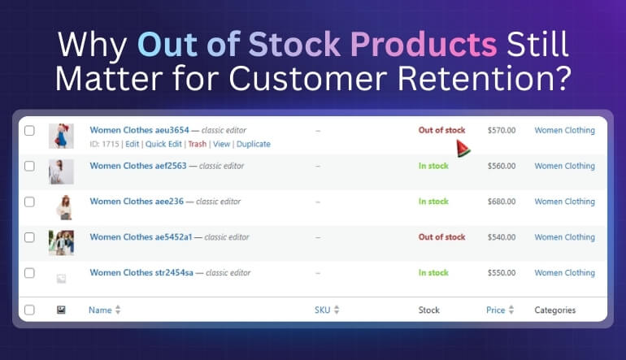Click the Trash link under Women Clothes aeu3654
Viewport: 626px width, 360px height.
coord(197,144)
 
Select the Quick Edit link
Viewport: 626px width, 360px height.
coord(163,144)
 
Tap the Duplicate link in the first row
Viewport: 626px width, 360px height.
coord(253,144)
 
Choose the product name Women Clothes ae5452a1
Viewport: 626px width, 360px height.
coord(141,237)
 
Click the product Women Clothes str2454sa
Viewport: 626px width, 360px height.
coord(141,273)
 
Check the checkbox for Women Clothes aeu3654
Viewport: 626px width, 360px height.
coord(30,130)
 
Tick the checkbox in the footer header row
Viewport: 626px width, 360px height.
coord(30,310)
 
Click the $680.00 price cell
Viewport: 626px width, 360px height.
coord(501,202)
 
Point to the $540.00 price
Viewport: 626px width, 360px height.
coord(501,237)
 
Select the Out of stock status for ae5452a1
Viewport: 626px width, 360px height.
coord(441,237)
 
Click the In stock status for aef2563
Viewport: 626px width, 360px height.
coord(433,166)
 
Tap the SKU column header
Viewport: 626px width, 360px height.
coord(327,310)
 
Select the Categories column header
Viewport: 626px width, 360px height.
coord(554,310)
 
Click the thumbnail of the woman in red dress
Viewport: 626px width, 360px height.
coord(61,136)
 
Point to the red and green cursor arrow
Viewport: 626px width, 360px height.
coord(463,148)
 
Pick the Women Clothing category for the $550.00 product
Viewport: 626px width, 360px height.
coord(564,273)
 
